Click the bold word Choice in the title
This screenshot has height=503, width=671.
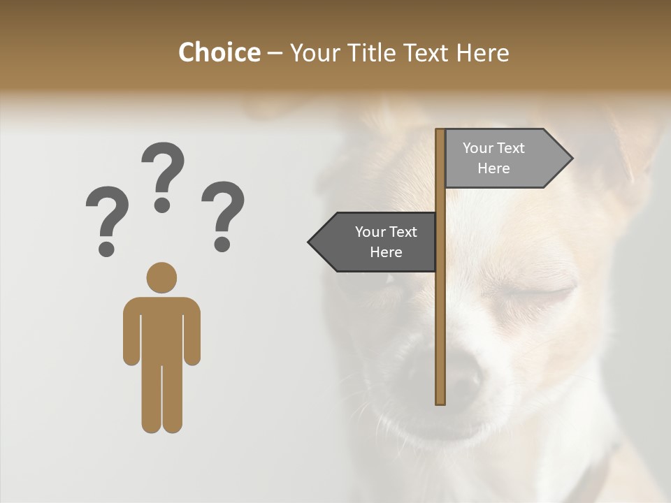click(219, 52)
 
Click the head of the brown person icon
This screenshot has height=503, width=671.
click(161, 277)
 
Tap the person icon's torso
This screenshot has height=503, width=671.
click(161, 328)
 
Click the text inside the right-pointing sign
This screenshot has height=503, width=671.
click(493, 158)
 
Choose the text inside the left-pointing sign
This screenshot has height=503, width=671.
click(386, 242)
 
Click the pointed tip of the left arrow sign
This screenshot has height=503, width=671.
click(310, 242)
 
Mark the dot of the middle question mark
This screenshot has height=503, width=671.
click(162, 205)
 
